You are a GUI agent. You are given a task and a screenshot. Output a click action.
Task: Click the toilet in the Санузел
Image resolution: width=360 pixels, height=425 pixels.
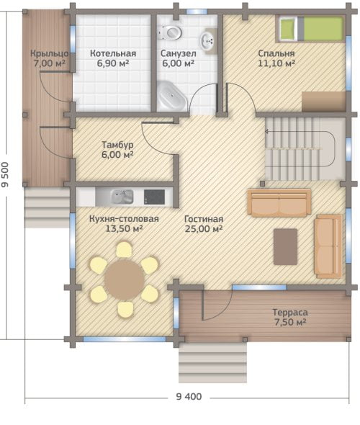170,32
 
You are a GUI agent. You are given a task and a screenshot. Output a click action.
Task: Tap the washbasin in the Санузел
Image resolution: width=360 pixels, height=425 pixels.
208,41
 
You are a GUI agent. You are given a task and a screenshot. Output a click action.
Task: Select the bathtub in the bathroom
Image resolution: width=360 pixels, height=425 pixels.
171,96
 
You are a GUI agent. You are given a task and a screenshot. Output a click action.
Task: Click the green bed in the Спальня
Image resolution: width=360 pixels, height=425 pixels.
311,29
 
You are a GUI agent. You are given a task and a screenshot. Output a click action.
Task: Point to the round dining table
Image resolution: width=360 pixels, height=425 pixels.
125,279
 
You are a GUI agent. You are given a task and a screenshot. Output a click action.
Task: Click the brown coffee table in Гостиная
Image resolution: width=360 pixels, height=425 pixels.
285,246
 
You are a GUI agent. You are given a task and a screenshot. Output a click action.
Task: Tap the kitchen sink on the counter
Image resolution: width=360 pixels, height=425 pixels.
122,197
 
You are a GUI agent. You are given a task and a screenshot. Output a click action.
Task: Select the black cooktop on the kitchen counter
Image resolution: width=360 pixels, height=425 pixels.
154,197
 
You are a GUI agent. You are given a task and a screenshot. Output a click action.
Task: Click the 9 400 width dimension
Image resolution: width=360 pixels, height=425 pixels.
189,396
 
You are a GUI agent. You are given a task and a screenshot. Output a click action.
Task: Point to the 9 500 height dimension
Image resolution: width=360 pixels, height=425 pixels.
5,174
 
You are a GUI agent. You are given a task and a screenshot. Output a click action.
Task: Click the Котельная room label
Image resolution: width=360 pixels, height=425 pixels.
113,53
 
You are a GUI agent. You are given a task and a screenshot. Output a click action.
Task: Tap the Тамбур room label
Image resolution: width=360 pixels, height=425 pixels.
117,145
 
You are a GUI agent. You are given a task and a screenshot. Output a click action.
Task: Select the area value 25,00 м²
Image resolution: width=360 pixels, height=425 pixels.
204,229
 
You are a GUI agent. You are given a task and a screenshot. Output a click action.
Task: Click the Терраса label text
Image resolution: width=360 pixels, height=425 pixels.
290,312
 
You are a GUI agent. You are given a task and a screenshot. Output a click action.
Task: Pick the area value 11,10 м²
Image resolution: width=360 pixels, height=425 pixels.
276,63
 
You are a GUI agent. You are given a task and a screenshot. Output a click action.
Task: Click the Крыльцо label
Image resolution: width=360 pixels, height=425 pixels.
49,53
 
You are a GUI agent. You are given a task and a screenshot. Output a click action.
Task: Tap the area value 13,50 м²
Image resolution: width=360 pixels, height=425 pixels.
124,229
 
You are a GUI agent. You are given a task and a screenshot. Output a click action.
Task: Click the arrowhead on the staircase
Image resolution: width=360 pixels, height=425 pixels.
266,131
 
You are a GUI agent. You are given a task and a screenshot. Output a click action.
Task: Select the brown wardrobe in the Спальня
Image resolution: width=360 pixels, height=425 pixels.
324,102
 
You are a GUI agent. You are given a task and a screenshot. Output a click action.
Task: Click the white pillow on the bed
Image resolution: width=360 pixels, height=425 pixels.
287,29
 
